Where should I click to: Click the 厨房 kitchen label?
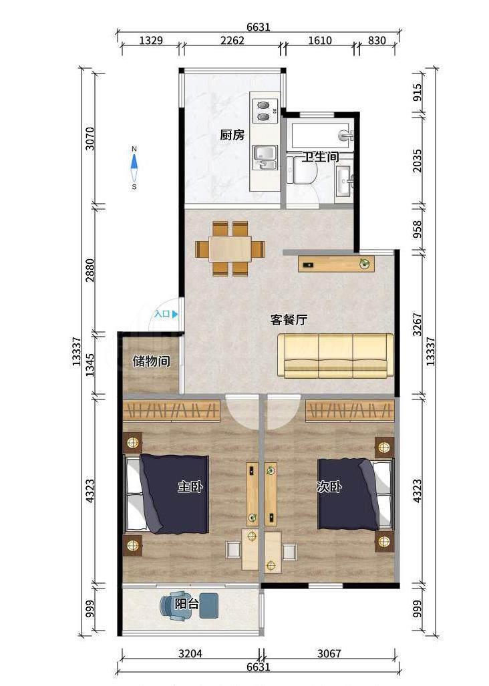pos(232,135)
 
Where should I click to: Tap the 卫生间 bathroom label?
pos(321,156)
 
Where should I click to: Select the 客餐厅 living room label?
pos(289,320)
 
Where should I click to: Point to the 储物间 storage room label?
pos(152,361)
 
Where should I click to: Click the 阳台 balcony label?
pos(187,605)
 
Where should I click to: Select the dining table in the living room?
pos(230,248)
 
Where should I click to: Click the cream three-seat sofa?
pos(336,355)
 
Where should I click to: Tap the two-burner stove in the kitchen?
pos(265,111)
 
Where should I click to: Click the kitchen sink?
pos(265,158)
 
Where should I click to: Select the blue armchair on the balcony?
pos(176,606)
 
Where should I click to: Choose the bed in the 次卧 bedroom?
pos(355,494)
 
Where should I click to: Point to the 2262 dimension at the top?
pos(232,41)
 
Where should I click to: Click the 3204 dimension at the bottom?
pos(190,653)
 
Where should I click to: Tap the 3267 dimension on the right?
pos(418,324)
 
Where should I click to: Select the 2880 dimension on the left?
pos(90,271)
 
